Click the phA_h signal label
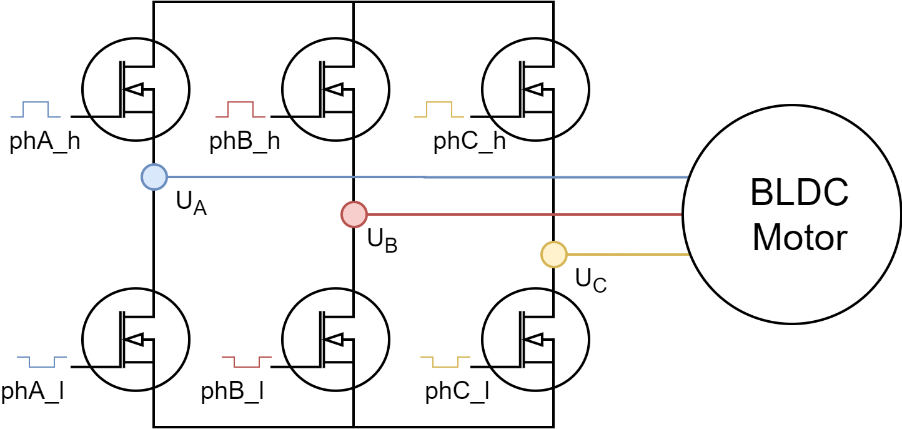pos(45,141)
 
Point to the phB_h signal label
pos(244,141)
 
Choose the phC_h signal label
pos(470,141)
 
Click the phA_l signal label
pos(32,391)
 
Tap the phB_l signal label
pos(232,391)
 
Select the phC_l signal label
pos(457,391)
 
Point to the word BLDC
pos(800,193)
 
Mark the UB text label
pos(382,241)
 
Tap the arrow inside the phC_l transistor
pos(534,340)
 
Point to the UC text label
pos(591,280)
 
